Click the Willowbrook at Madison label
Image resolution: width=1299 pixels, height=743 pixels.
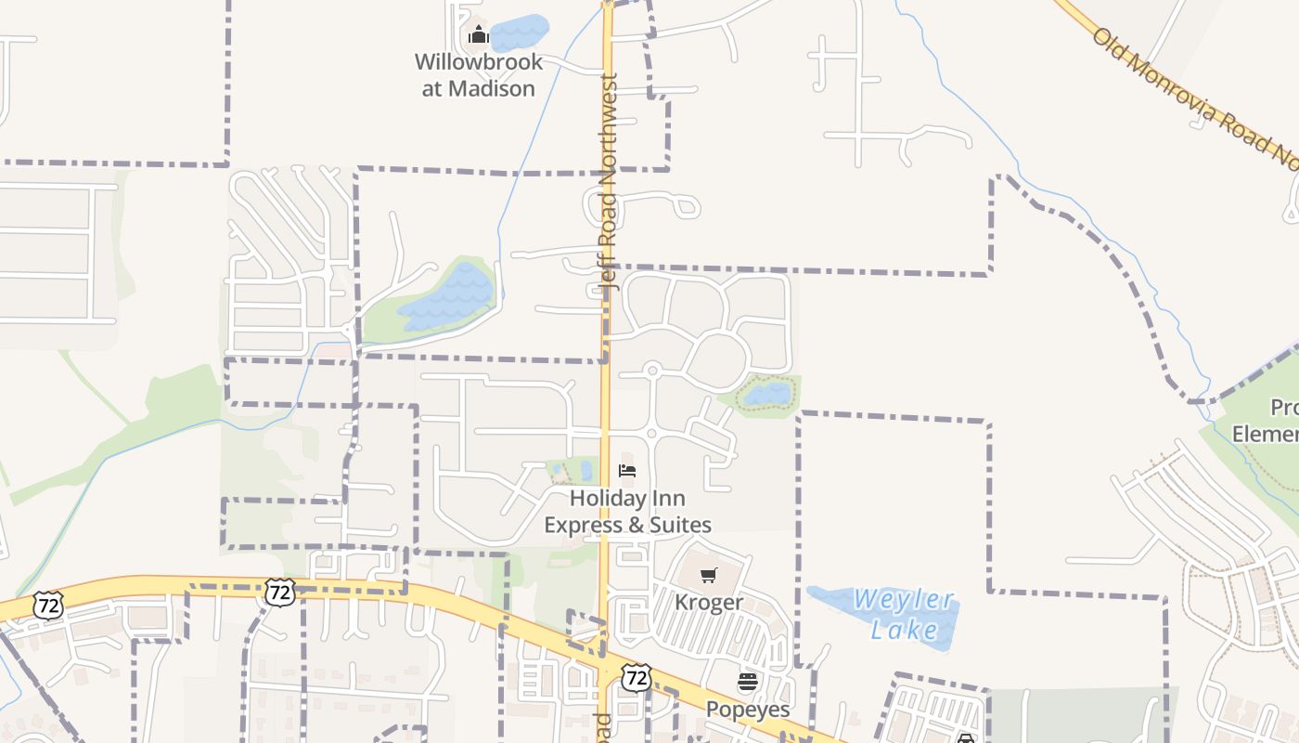click(478, 75)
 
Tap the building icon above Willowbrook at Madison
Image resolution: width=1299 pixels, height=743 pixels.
click(478, 36)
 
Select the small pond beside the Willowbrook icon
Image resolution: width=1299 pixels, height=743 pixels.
click(519, 33)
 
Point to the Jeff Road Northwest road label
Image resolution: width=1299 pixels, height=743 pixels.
click(609, 181)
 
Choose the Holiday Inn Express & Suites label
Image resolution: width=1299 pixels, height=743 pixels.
click(627, 512)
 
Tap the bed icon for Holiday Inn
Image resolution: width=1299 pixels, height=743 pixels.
click(627, 471)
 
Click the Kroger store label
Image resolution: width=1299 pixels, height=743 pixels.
click(708, 602)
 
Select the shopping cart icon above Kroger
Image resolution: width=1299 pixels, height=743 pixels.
click(708, 576)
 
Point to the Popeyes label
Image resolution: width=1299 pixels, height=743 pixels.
click(748, 710)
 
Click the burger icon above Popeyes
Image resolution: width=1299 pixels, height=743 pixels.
click(748, 683)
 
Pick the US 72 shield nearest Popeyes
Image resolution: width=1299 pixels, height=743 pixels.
click(636, 677)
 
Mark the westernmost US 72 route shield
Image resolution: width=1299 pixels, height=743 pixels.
click(47, 605)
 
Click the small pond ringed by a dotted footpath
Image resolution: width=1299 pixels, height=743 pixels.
click(767, 395)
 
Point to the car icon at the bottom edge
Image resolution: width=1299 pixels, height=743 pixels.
click(966, 739)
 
